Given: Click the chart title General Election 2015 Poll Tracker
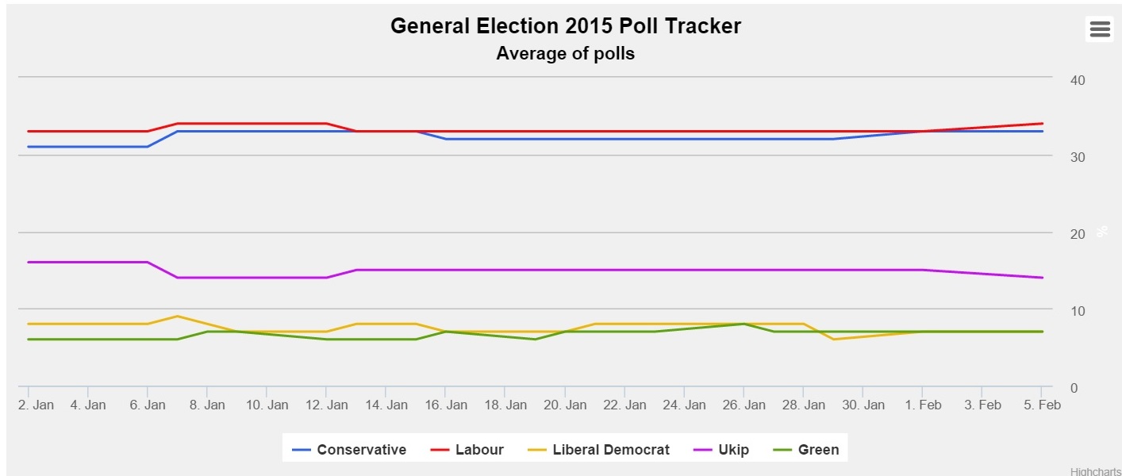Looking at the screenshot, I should coord(565,26).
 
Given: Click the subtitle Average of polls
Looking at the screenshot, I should coord(565,54).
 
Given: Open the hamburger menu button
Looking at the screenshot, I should coord(1100,29).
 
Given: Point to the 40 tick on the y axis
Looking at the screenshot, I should coord(1078,80).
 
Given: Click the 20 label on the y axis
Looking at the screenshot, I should coord(1078,234).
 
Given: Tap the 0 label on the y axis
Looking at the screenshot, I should coord(1074,388).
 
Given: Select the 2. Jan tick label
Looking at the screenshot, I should coord(36,405).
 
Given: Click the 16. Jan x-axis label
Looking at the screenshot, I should coord(446,405).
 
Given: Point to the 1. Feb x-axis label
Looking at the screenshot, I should coord(923,405).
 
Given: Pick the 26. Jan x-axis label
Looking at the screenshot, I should coord(744,405).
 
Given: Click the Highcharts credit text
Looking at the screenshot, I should coord(1095,471).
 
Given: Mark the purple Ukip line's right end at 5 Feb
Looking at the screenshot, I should coord(1042,278).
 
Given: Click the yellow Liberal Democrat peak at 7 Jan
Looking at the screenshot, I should coord(178,317).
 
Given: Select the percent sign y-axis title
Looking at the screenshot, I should coord(1101,232).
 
